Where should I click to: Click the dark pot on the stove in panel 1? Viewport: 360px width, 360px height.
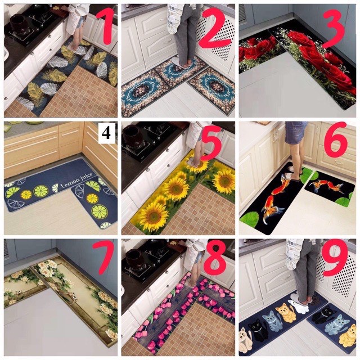pos(19,21)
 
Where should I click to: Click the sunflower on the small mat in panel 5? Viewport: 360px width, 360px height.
pos(224,181)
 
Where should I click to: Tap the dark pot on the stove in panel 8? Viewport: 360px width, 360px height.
pos(136,256)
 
